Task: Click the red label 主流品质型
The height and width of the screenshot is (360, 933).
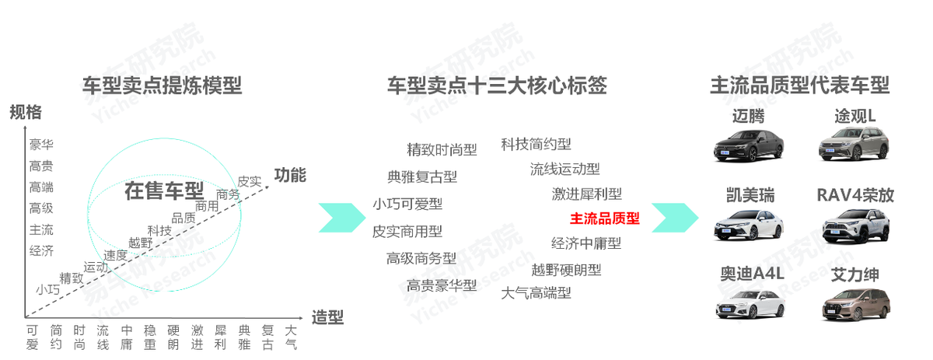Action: click(604, 218)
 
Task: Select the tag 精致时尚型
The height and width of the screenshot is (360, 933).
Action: click(442, 149)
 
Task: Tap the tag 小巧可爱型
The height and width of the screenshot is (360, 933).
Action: click(407, 204)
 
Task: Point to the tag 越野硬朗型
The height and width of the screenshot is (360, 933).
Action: click(566, 270)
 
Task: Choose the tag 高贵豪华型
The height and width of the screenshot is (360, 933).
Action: click(441, 285)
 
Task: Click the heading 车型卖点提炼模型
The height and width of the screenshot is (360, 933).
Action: click(162, 86)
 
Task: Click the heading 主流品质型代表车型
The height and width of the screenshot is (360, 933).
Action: click(798, 86)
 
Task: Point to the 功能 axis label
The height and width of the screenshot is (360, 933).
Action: click(290, 175)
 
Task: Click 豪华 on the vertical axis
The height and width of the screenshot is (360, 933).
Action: click(41, 144)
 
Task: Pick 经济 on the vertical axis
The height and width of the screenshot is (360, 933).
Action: click(41, 250)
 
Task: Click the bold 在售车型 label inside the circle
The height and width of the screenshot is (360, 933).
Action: click(164, 191)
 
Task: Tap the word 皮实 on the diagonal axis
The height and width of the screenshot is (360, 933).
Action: click(249, 181)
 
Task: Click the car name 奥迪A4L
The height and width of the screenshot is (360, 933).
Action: click(752, 274)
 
